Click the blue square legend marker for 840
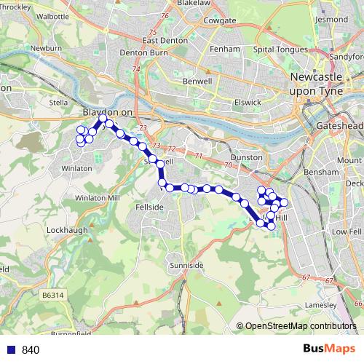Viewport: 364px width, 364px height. tap(11, 349)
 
